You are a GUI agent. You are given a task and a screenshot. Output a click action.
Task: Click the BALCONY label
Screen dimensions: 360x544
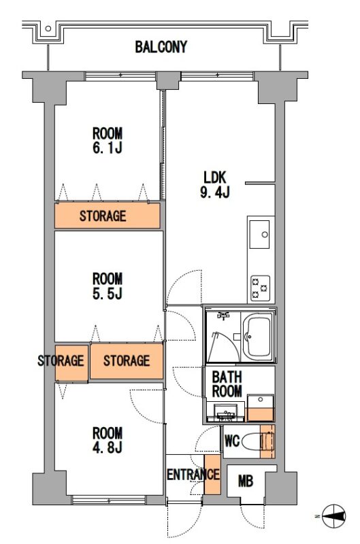point(161,47)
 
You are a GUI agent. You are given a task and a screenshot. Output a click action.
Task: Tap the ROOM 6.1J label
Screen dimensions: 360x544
point(108,141)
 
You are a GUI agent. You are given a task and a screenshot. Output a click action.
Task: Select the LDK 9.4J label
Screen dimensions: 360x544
point(215,184)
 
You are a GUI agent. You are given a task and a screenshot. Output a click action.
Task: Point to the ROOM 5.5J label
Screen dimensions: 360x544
point(108,286)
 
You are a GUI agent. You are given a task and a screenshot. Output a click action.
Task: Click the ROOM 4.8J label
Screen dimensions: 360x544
point(108,440)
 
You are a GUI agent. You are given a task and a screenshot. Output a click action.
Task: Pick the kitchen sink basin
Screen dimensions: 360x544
point(260,234)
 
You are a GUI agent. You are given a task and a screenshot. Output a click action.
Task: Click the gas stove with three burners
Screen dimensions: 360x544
point(261,288)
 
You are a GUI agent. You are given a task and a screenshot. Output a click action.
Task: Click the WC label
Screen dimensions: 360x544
point(232,441)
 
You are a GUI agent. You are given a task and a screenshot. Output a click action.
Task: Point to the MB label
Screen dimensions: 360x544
point(246,481)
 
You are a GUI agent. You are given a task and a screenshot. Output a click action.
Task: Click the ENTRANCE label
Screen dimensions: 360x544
point(193,474)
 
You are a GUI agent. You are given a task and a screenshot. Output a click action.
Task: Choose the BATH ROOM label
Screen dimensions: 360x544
point(227,384)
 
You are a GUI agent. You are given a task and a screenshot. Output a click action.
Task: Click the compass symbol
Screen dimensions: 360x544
point(334,516)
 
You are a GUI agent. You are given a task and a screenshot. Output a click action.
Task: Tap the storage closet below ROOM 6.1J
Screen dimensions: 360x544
point(108,216)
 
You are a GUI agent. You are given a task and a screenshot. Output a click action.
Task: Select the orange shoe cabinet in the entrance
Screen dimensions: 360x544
point(212,474)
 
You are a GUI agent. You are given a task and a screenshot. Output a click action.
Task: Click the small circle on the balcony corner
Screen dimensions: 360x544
point(48,29)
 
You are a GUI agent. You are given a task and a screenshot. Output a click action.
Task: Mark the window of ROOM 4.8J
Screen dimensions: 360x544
point(108,500)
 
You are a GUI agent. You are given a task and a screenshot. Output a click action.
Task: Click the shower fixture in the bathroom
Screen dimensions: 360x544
point(224,316)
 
